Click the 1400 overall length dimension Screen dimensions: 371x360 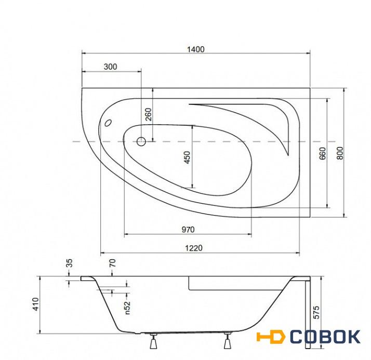(196, 49)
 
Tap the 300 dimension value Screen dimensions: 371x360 (110, 67)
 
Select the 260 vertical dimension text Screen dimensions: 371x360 (149, 114)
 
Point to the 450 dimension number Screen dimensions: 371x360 (187, 157)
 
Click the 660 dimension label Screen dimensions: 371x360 (323, 153)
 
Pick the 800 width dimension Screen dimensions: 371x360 (340, 153)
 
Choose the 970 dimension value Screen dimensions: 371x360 (188, 230)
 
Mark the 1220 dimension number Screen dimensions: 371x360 (194, 248)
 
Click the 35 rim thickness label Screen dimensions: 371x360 (69, 263)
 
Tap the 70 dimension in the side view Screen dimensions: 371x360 (113, 263)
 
